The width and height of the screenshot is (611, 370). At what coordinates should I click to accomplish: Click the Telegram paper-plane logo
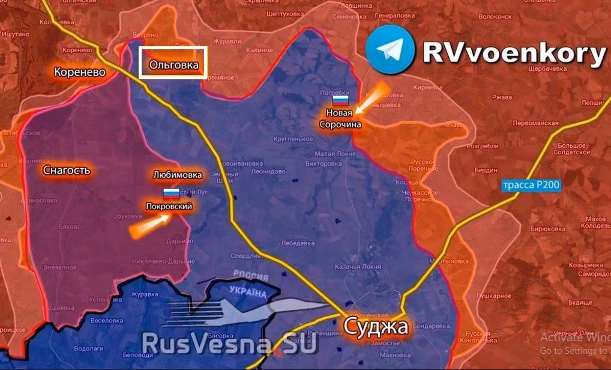point(390,50)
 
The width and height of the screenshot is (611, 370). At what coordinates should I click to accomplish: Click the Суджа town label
point(376,327)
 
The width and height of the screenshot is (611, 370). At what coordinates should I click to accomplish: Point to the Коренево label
point(79,72)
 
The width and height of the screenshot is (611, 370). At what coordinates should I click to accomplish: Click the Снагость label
point(67,170)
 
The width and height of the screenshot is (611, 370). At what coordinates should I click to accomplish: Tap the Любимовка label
point(177,175)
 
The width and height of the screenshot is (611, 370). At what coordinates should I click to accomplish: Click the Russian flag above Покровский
point(172,193)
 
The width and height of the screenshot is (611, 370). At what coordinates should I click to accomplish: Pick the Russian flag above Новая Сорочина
point(342,100)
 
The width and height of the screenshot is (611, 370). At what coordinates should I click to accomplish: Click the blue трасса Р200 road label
point(531,185)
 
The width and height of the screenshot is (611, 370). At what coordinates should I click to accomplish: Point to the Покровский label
point(169,206)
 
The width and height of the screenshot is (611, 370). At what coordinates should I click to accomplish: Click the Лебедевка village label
point(298,243)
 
